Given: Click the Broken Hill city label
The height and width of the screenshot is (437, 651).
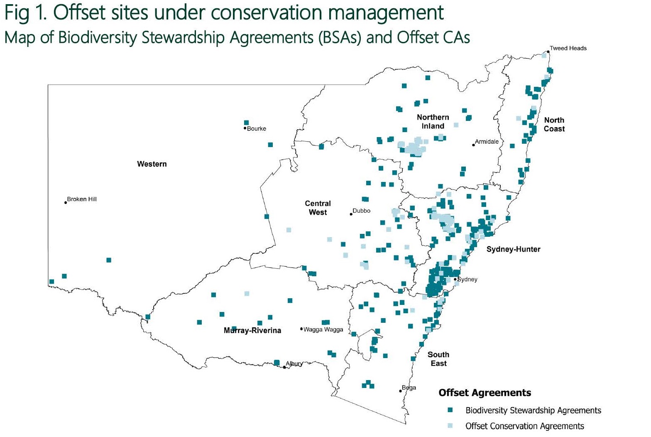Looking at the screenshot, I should point(82,199).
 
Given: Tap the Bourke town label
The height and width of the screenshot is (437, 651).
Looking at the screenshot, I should point(256,129).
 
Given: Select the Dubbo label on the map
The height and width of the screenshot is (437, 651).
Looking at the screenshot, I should point(361,211).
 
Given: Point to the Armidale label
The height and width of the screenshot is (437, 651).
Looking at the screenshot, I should point(487,142).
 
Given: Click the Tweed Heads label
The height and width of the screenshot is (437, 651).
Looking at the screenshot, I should point(568,48).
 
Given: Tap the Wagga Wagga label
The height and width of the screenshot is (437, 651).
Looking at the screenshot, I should point(323,330).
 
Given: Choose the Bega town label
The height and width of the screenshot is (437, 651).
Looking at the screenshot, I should point(409,388).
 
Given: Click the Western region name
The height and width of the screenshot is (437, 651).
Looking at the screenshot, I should point(152,164).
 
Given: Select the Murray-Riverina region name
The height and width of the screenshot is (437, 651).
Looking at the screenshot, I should point(252,331).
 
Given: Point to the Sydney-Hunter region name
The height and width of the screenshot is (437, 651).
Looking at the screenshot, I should point(513,249).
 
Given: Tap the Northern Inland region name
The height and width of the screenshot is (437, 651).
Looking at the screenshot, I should point(433,122).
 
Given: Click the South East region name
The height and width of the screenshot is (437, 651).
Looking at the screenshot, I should point(438,359).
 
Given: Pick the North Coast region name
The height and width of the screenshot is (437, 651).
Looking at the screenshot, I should point(554,124).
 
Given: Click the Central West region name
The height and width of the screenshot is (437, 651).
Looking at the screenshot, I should point(318,208).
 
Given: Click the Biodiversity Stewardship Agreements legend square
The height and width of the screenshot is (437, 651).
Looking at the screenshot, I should point(450,410).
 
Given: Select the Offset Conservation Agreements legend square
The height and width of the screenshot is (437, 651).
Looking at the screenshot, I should point(450,426).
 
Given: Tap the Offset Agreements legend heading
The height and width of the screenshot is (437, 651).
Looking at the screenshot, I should point(485,393).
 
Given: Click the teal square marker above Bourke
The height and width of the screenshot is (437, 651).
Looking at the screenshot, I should point(246,123).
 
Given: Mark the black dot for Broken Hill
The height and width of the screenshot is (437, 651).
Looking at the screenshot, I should point(66,203).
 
